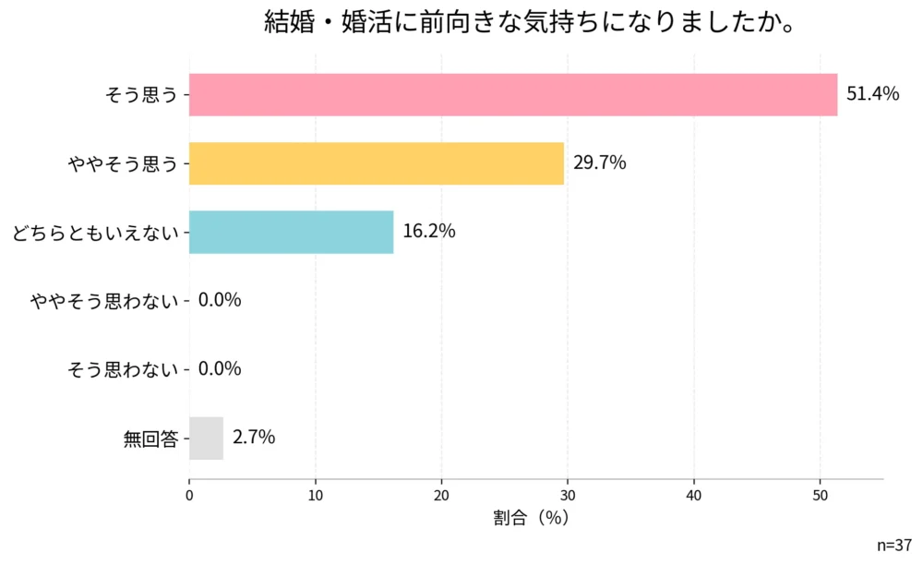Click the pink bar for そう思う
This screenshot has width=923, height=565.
[513, 95]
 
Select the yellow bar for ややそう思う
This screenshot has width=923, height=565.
[377, 163]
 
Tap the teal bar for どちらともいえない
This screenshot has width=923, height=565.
[292, 232]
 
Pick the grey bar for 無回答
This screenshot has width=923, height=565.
[206, 438]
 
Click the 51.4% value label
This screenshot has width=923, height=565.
[872, 95]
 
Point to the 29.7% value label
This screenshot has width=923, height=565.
[600, 163]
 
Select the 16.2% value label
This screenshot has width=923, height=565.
[429, 232]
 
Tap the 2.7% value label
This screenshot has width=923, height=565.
[254, 438]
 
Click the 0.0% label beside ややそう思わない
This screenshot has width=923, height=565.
[220, 300]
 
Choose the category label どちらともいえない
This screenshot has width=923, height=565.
[94, 233]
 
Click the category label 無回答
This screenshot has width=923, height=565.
[150, 439]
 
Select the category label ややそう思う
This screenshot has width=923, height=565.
[122, 164]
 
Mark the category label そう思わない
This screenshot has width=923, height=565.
[122, 369]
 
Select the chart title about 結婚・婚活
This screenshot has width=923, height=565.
[531, 23]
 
